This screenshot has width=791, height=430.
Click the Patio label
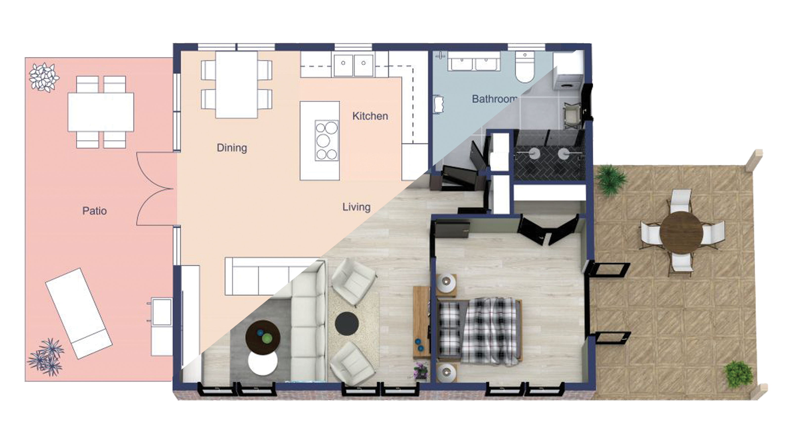pos(95,211)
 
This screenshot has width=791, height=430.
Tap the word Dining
pos(232,148)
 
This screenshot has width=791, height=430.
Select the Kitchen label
pos(370,116)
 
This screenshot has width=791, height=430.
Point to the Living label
pos(356,207)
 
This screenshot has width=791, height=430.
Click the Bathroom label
pos(494,99)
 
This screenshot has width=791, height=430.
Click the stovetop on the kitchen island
pos(327,140)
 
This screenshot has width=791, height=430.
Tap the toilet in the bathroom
pos(525,67)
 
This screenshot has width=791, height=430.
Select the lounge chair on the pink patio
pos(79,313)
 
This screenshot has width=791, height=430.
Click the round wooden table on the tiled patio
pos(681,232)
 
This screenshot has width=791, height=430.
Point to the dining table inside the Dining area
pos(237,85)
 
